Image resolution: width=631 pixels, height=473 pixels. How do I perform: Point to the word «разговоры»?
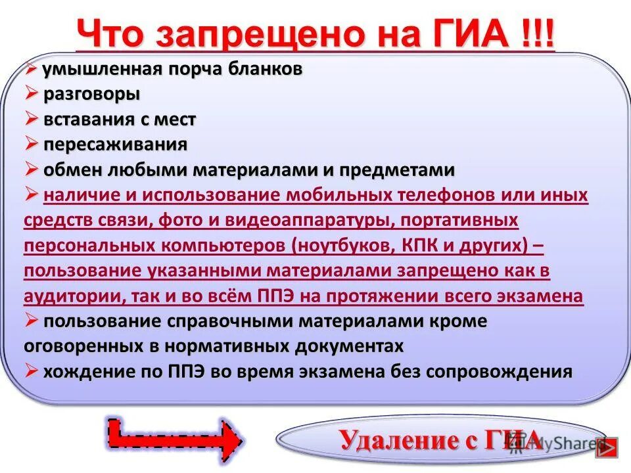click(92, 94)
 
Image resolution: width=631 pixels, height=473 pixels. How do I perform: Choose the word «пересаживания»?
click(116, 145)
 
